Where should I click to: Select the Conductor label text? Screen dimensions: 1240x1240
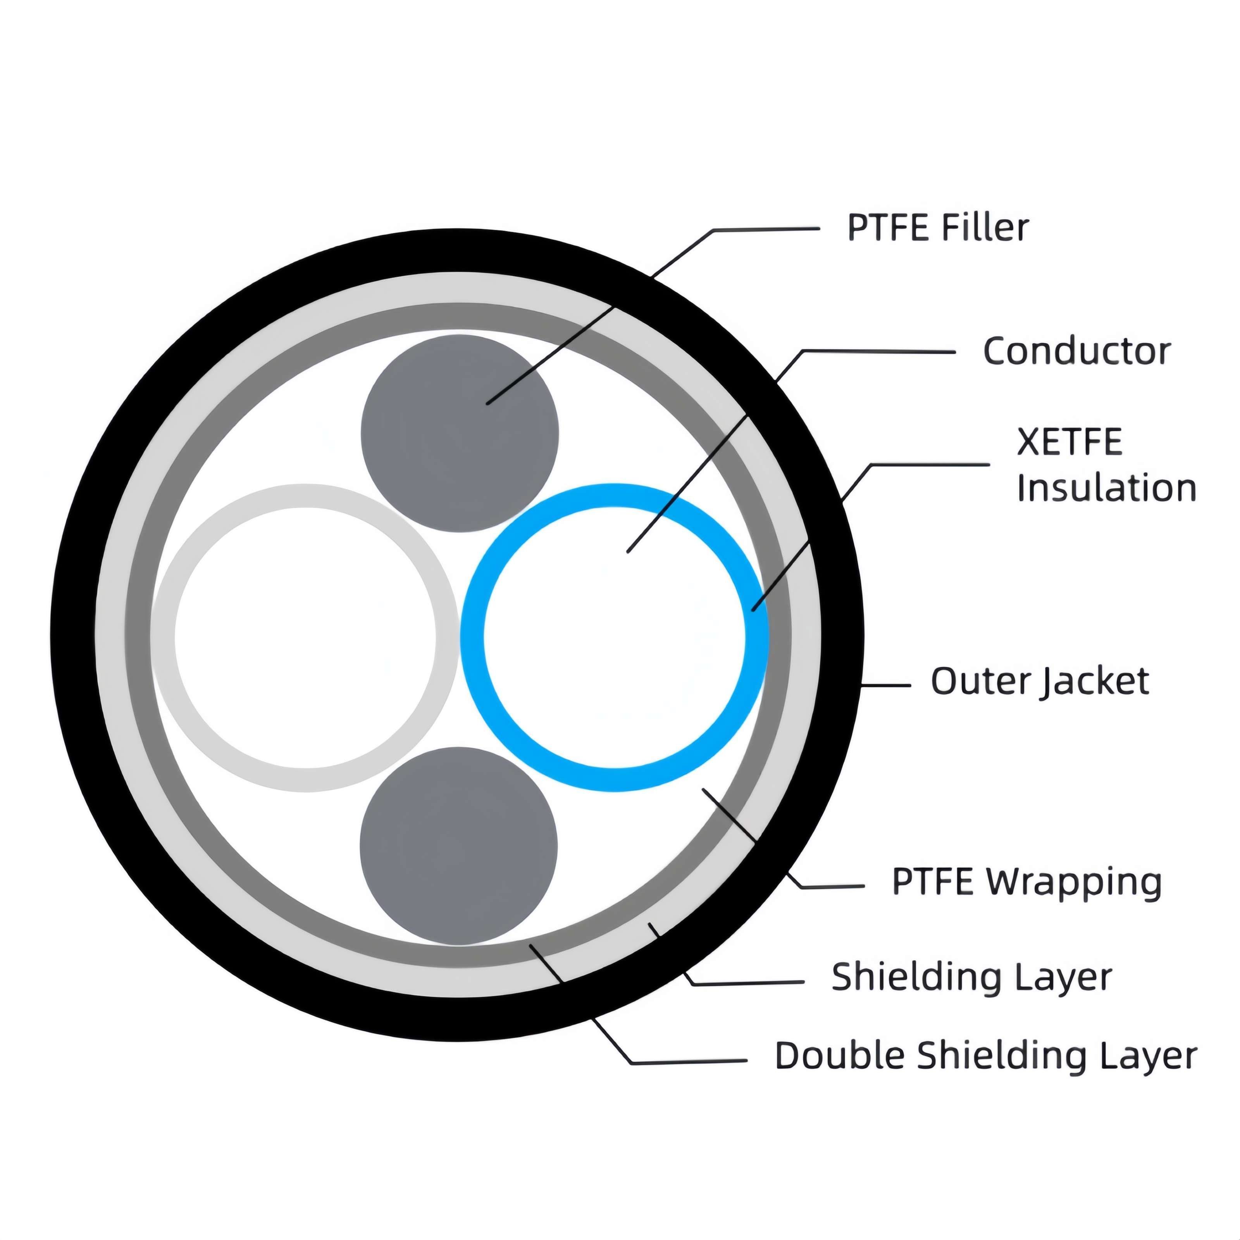1076,352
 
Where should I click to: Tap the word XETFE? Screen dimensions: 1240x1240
1069,442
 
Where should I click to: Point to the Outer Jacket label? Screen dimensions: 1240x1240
1039,682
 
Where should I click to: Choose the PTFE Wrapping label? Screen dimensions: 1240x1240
1026,882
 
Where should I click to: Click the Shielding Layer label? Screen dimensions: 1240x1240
971,978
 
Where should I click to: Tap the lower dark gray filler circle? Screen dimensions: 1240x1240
458,846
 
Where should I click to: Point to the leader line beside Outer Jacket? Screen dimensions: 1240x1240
886,685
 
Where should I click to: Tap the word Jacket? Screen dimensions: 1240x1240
1095,682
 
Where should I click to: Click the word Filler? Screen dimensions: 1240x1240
985,228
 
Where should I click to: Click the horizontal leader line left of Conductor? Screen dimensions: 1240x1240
879,351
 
